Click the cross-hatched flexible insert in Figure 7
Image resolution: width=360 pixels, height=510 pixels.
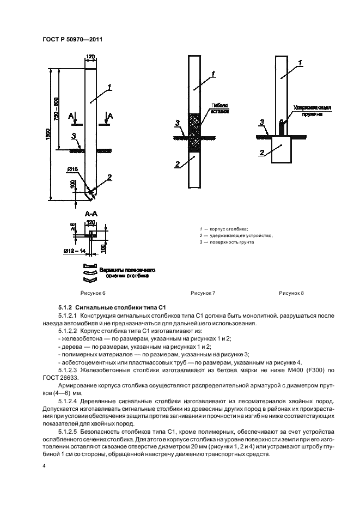(194, 132)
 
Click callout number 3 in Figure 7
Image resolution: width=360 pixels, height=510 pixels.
(178, 123)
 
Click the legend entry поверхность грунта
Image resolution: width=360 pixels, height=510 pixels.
(229, 242)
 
